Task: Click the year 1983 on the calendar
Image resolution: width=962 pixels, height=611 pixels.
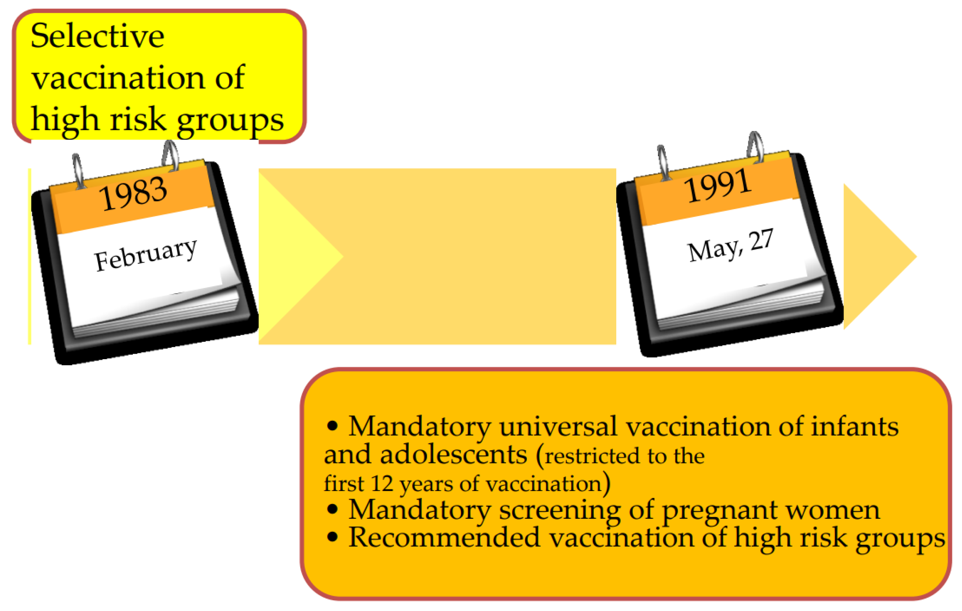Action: (x=133, y=194)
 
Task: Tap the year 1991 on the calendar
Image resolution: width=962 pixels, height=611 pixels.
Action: (x=718, y=185)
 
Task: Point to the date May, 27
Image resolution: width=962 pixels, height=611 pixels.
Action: (x=731, y=246)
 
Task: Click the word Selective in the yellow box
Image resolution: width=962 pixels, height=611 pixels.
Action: (x=97, y=36)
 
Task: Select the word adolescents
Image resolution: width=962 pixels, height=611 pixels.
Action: (x=454, y=455)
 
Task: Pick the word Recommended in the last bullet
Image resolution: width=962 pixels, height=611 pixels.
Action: (x=444, y=538)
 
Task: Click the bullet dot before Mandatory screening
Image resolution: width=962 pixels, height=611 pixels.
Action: (x=332, y=509)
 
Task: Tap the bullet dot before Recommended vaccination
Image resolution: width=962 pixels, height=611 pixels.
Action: (x=332, y=537)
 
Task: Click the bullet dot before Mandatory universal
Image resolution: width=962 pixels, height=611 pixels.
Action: (x=332, y=426)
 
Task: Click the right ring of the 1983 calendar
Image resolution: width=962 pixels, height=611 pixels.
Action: (x=170, y=156)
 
